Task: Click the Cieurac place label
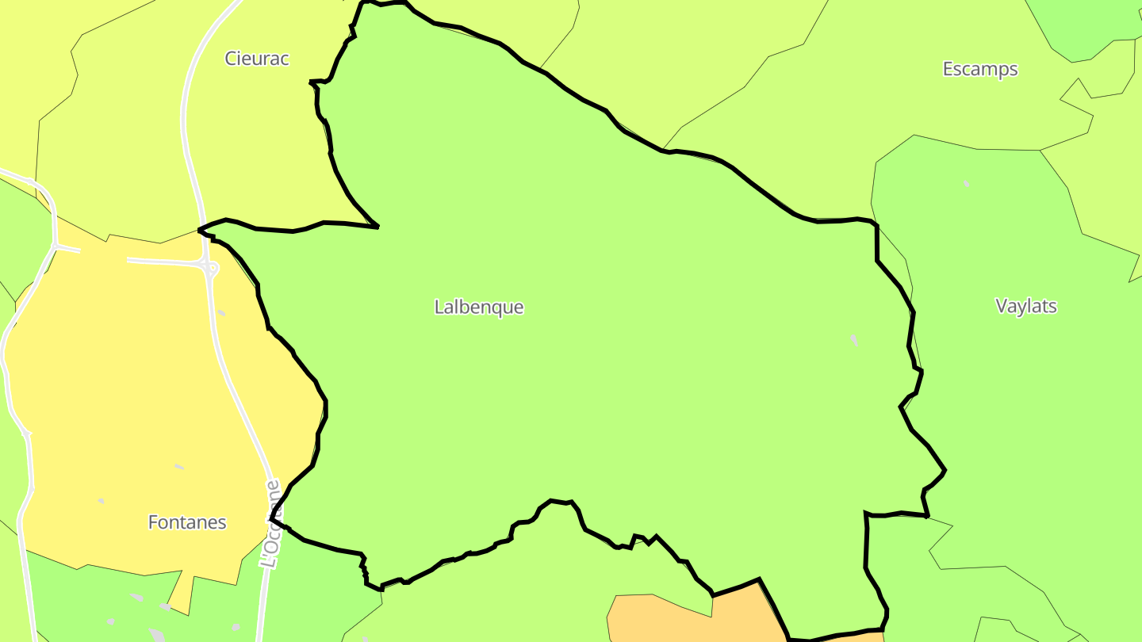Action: tap(257, 59)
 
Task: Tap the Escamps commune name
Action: tap(980, 70)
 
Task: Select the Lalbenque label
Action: tap(479, 308)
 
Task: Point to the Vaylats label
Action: tap(1026, 307)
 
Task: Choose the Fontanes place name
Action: tap(187, 523)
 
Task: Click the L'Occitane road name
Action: tap(271, 523)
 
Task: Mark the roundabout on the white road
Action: tap(211, 269)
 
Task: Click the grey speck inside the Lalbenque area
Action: tap(854, 340)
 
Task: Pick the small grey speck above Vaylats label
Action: tap(966, 184)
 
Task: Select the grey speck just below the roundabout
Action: tap(220, 313)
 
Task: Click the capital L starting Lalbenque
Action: tap(439, 308)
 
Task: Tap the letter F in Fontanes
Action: tap(153, 523)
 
